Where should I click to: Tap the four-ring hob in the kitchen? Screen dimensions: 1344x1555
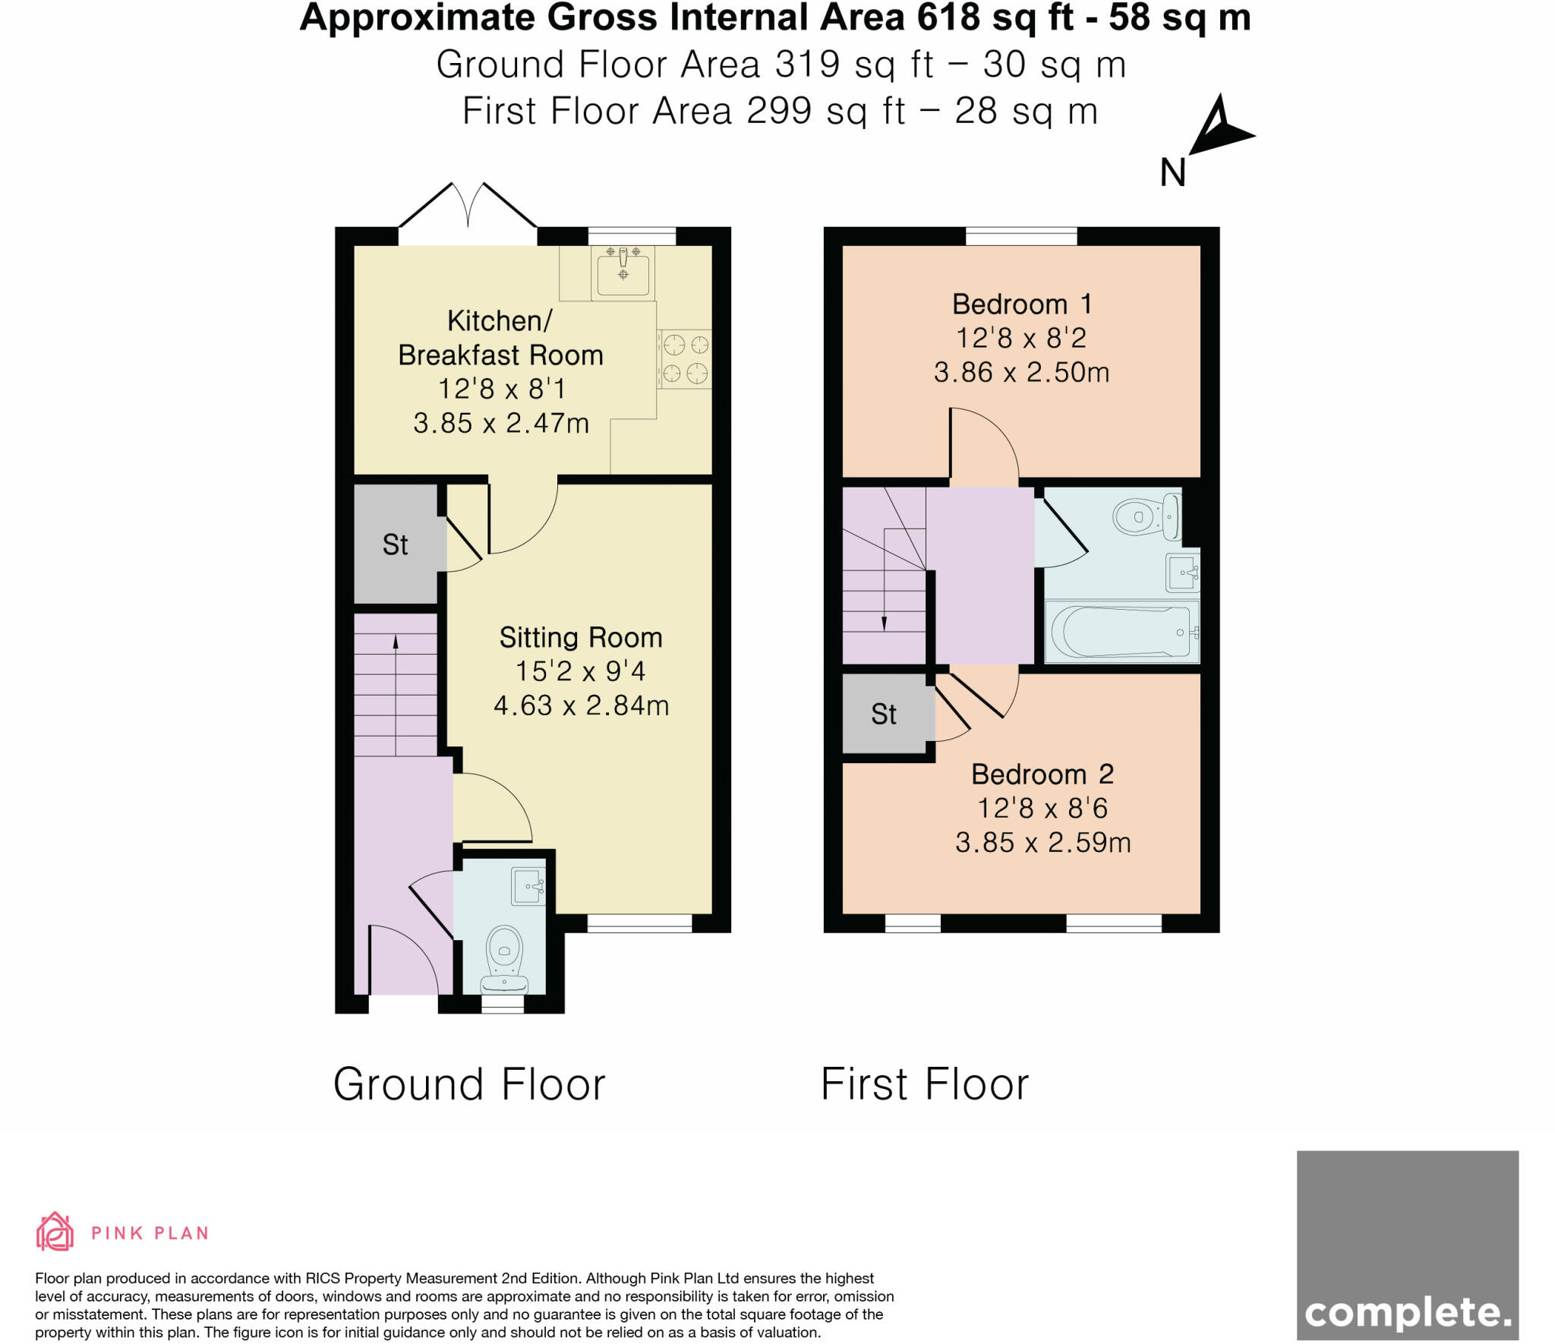coord(685,359)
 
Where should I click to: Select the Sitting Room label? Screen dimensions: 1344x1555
coord(580,638)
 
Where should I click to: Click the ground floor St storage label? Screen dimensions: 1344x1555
coord(395,544)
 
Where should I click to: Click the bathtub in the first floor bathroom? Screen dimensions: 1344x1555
coord(1121,632)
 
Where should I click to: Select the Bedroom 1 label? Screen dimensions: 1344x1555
coord(1021,304)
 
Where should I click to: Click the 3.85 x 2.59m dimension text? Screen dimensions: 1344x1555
coord(1042,843)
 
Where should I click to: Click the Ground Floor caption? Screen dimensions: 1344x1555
coord(469,1084)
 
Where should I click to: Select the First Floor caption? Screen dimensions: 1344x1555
coord(924,1084)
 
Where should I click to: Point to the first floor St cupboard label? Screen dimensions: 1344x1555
coord(883,715)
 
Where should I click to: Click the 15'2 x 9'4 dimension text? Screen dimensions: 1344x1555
coord(580,671)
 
